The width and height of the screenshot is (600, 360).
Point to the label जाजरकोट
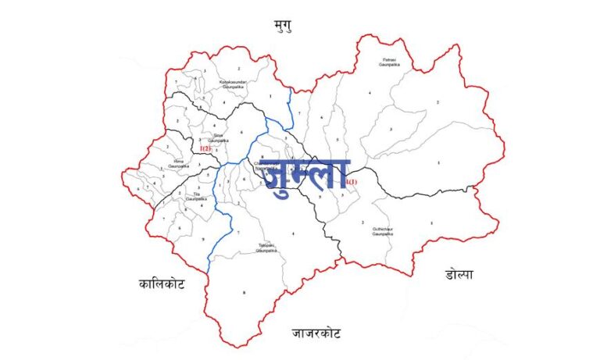coord(317,334)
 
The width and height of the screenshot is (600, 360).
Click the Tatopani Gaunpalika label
coord(267,248)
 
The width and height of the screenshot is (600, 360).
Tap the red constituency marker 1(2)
coord(205,148)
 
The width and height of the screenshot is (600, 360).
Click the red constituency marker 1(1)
coord(351,183)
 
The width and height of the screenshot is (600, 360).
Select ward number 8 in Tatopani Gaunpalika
coord(244,293)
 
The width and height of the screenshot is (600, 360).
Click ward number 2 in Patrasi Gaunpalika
coord(437,102)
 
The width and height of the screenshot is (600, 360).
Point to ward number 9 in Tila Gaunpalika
coord(202,238)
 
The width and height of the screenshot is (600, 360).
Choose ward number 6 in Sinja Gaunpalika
coord(241,132)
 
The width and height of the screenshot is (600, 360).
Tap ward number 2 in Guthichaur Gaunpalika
coord(362,223)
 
